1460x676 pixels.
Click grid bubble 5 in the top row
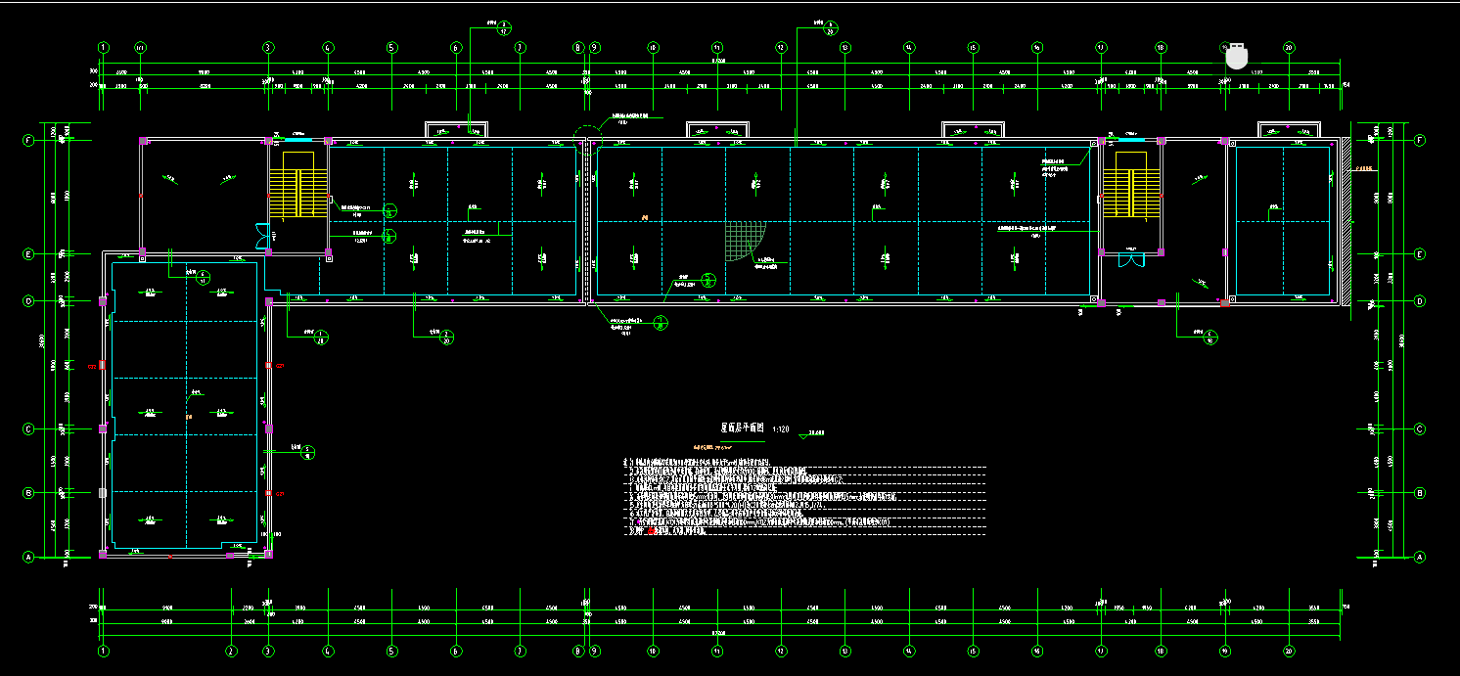click(x=391, y=47)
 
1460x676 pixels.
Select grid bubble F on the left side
click(x=28, y=140)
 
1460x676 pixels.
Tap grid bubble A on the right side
click(x=1420, y=557)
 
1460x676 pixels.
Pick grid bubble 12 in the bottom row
click(x=781, y=650)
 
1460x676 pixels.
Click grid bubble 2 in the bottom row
click(x=231, y=650)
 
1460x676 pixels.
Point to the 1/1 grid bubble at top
click(x=140, y=47)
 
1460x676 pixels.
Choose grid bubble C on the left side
click(x=28, y=428)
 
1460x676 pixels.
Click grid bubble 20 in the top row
click(x=1289, y=47)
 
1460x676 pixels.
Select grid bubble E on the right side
click(x=1420, y=254)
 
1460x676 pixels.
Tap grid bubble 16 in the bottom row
click(x=1037, y=650)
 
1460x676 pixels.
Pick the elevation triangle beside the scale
click(x=805, y=436)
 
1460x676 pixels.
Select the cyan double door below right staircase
click(x=1131, y=259)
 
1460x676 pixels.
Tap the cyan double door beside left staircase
click(x=261, y=237)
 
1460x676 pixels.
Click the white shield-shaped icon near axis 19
click(x=1238, y=56)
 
